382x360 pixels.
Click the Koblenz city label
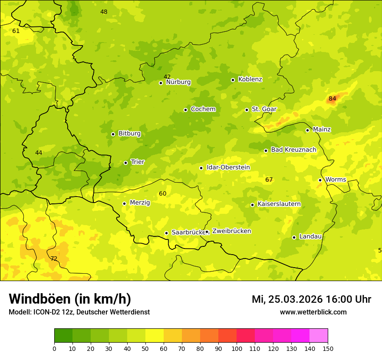click(x=250, y=79)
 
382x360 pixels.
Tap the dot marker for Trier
click(x=125, y=163)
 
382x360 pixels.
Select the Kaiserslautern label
click(x=279, y=204)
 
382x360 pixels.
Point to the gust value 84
click(x=333, y=98)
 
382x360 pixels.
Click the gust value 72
click(x=54, y=259)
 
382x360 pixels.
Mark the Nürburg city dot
click(x=161, y=83)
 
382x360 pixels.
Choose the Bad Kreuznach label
click(x=293, y=150)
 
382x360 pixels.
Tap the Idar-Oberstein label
click(x=228, y=167)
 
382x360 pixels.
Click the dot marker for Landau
click(x=294, y=237)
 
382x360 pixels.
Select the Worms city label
click(x=336, y=180)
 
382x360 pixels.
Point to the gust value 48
click(x=104, y=12)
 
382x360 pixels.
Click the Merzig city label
click(x=140, y=203)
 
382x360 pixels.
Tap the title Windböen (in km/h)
click(x=70, y=299)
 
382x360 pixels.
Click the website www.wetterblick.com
click(x=313, y=312)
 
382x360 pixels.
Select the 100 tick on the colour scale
click(x=237, y=348)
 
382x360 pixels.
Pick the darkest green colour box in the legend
click(x=63, y=336)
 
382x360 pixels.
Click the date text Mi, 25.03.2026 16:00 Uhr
click(x=311, y=299)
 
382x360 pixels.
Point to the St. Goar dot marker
click(x=247, y=110)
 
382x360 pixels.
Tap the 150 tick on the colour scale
click(x=328, y=348)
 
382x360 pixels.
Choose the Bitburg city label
click(x=129, y=134)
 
